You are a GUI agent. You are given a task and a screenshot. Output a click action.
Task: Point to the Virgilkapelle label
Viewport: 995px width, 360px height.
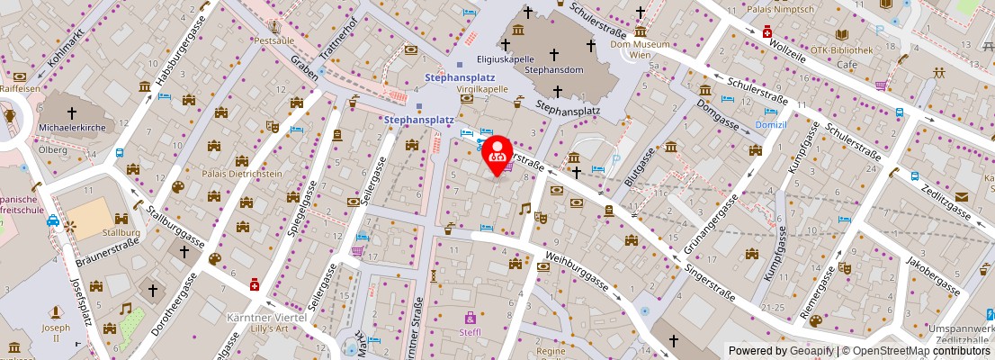pos(483,90)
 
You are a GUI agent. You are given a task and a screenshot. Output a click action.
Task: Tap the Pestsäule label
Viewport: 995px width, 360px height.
pos(273,40)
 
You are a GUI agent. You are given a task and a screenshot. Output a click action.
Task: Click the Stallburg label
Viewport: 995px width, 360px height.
pos(129,231)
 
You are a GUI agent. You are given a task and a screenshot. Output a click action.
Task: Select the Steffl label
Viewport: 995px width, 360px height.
pos(471,332)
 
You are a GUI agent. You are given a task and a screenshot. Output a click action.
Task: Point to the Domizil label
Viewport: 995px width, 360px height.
pos(771,125)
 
